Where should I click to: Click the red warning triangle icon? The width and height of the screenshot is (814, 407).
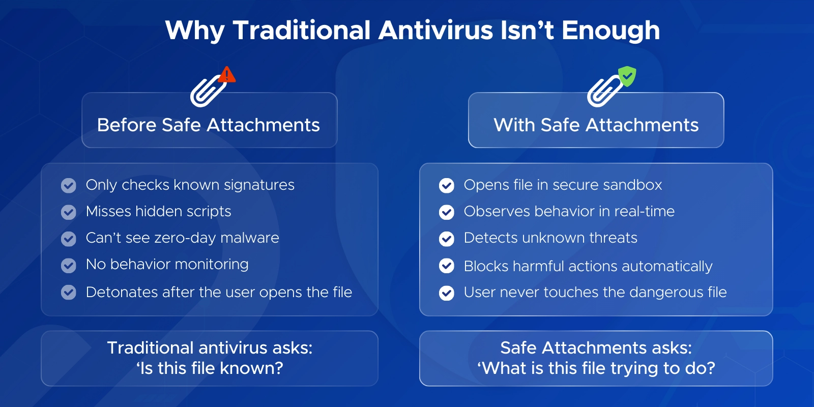point(227,75)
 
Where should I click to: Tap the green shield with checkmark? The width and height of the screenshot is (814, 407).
point(627,76)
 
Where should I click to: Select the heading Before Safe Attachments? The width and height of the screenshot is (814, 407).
point(209,125)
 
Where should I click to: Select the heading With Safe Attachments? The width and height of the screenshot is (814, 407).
point(596,125)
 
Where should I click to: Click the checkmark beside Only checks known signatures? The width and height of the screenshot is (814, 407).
point(69,186)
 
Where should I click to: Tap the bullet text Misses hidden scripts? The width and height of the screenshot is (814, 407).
point(158,211)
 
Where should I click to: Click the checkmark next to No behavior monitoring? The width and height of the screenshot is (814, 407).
point(69,265)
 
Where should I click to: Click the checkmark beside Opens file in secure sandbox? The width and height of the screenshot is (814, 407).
point(447,186)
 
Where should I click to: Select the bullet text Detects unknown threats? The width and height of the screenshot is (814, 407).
point(550,238)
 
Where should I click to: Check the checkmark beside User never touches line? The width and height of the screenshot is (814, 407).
point(447,293)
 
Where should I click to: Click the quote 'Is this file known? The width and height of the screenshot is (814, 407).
point(210,368)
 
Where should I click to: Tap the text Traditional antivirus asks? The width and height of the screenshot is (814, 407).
point(210,347)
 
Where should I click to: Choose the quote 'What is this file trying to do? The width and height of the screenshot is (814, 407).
point(596,368)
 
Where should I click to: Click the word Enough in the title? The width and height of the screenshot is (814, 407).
point(610,30)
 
